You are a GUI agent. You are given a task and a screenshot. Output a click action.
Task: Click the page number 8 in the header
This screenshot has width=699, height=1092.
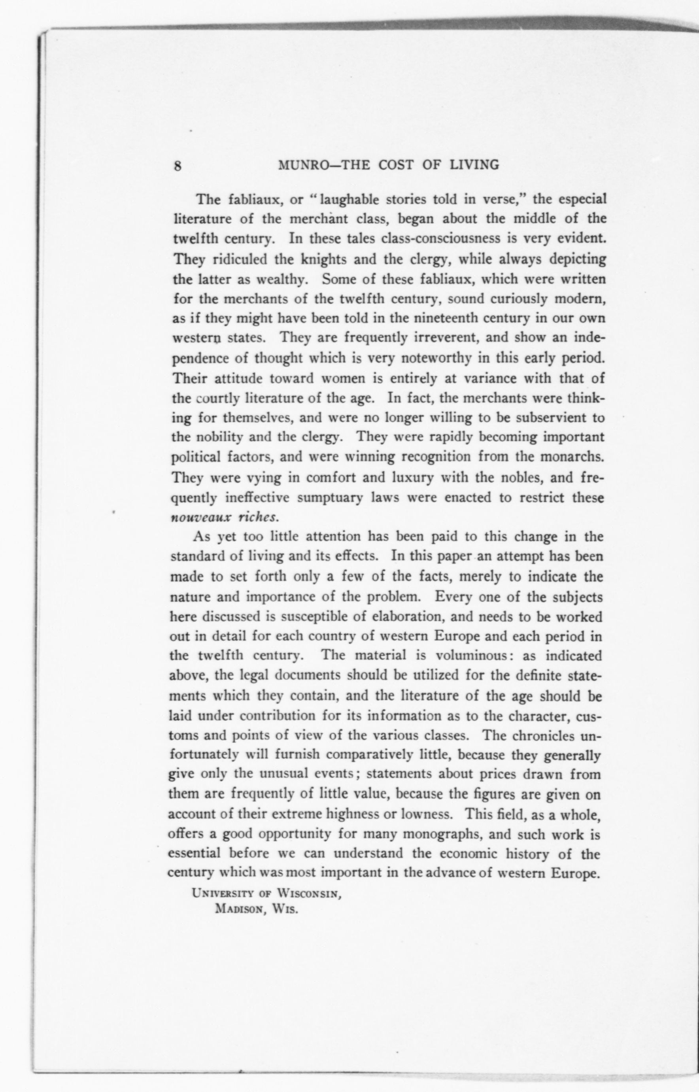(x=178, y=166)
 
